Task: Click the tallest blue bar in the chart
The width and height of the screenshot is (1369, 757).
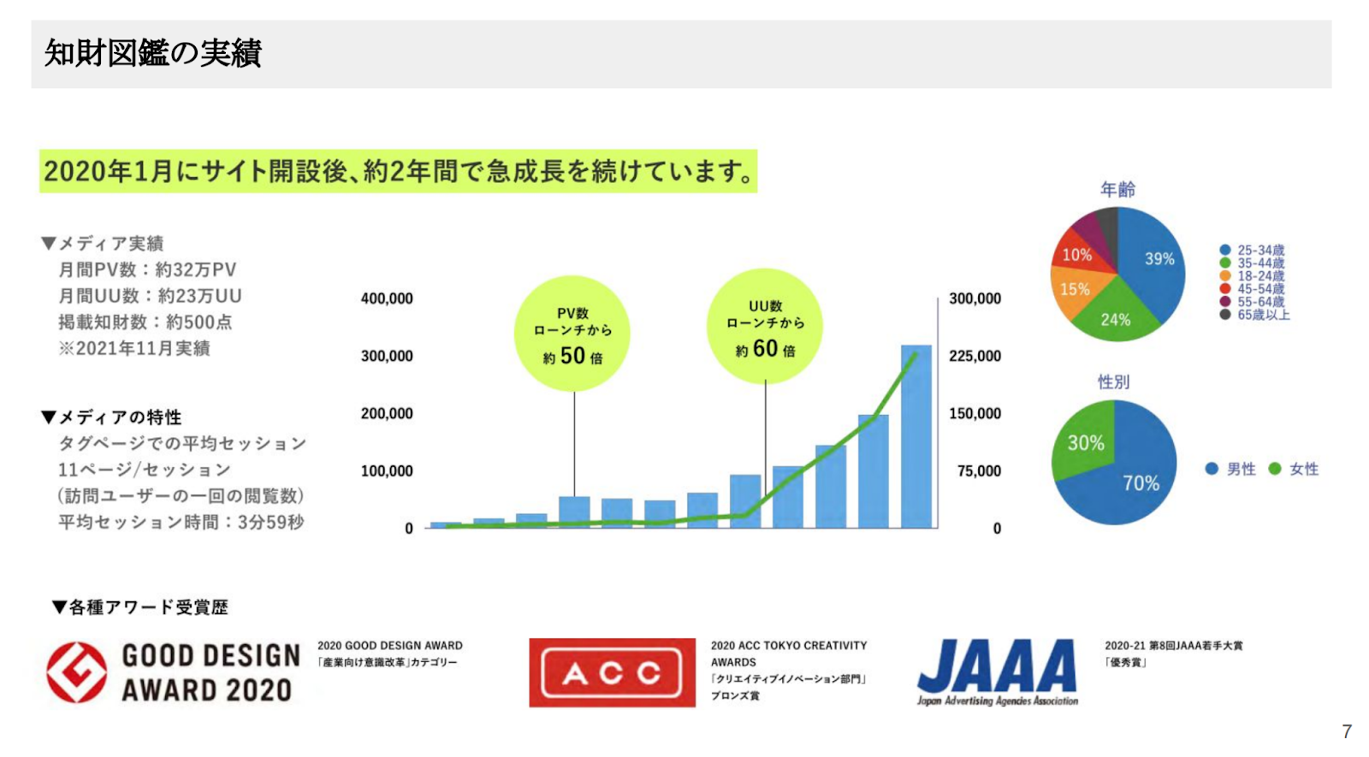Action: click(916, 436)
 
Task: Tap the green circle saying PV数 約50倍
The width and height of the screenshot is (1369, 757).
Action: click(572, 334)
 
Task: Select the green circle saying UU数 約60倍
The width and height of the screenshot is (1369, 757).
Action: click(765, 327)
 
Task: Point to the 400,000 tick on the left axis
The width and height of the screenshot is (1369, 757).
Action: click(387, 299)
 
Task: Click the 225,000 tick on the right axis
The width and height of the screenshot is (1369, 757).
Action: click(975, 356)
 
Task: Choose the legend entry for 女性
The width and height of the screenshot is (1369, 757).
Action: click(1294, 470)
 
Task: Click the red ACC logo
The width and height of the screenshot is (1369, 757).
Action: click(612, 672)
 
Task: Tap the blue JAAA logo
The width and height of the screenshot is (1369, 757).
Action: click(998, 672)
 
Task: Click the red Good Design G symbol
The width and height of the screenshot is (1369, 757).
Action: click(77, 672)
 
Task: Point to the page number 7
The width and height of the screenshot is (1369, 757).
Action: click(1347, 731)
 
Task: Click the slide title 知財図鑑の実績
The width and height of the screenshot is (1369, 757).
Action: click(153, 53)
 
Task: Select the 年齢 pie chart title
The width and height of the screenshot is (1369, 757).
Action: click(1117, 190)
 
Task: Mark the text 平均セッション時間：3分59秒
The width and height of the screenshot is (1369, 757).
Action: click(181, 523)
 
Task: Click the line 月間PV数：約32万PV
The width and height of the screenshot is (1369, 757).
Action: click(147, 270)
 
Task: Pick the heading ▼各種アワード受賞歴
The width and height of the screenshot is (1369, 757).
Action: click(140, 607)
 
